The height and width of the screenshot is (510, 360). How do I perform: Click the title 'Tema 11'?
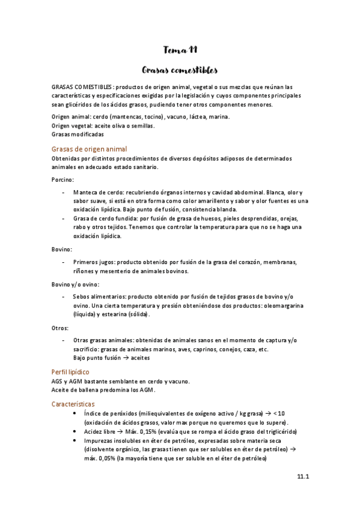click(180, 50)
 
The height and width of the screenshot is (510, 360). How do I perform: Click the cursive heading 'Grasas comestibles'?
click(180, 70)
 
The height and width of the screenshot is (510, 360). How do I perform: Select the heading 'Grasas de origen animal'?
click(90, 149)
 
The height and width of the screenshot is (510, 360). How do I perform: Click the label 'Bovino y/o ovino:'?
click(76, 284)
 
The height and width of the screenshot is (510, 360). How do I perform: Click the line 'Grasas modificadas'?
click(78, 135)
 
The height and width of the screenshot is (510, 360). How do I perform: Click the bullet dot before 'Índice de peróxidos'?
click(73, 414)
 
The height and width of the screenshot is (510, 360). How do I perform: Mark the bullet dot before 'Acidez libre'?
click(73, 432)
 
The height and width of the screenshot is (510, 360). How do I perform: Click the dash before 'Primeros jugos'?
click(64, 262)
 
